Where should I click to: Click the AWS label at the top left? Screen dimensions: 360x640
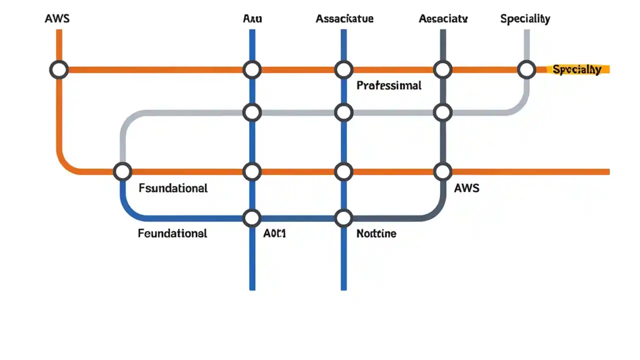[x=57, y=19]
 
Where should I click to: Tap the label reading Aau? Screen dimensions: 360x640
[x=252, y=19]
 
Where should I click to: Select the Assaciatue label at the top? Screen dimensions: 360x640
[x=344, y=19]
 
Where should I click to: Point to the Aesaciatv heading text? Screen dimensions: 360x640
[x=443, y=19]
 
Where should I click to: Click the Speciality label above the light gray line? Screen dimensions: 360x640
[x=525, y=19]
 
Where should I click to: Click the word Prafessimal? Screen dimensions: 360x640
[x=389, y=85]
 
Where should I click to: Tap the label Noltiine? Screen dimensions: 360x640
[x=376, y=233]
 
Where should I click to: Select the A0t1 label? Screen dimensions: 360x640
[x=274, y=233]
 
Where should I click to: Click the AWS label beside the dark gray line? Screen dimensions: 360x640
[x=466, y=188]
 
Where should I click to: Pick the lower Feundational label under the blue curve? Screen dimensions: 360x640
[x=172, y=233]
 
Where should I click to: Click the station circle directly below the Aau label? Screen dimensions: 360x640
[x=252, y=69]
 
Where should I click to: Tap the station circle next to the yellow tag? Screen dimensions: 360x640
[x=526, y=69]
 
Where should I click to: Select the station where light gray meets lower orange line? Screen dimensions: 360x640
[x=122, y=171]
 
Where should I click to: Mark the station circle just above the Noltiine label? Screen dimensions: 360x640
[x=343, y=218]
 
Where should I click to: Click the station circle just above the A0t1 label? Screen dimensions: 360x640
[x=252, y=218]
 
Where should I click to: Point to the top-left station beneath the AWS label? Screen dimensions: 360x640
[x=59, y=69]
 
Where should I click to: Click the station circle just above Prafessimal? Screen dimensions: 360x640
[x=343, y=69]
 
